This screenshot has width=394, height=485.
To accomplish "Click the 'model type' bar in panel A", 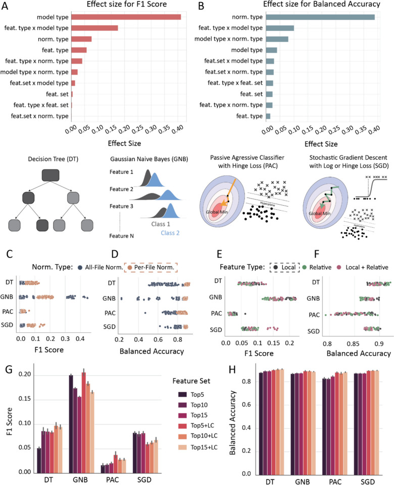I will tap(126, 17).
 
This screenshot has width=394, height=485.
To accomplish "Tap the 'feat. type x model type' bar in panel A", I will tap(94, 28).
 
